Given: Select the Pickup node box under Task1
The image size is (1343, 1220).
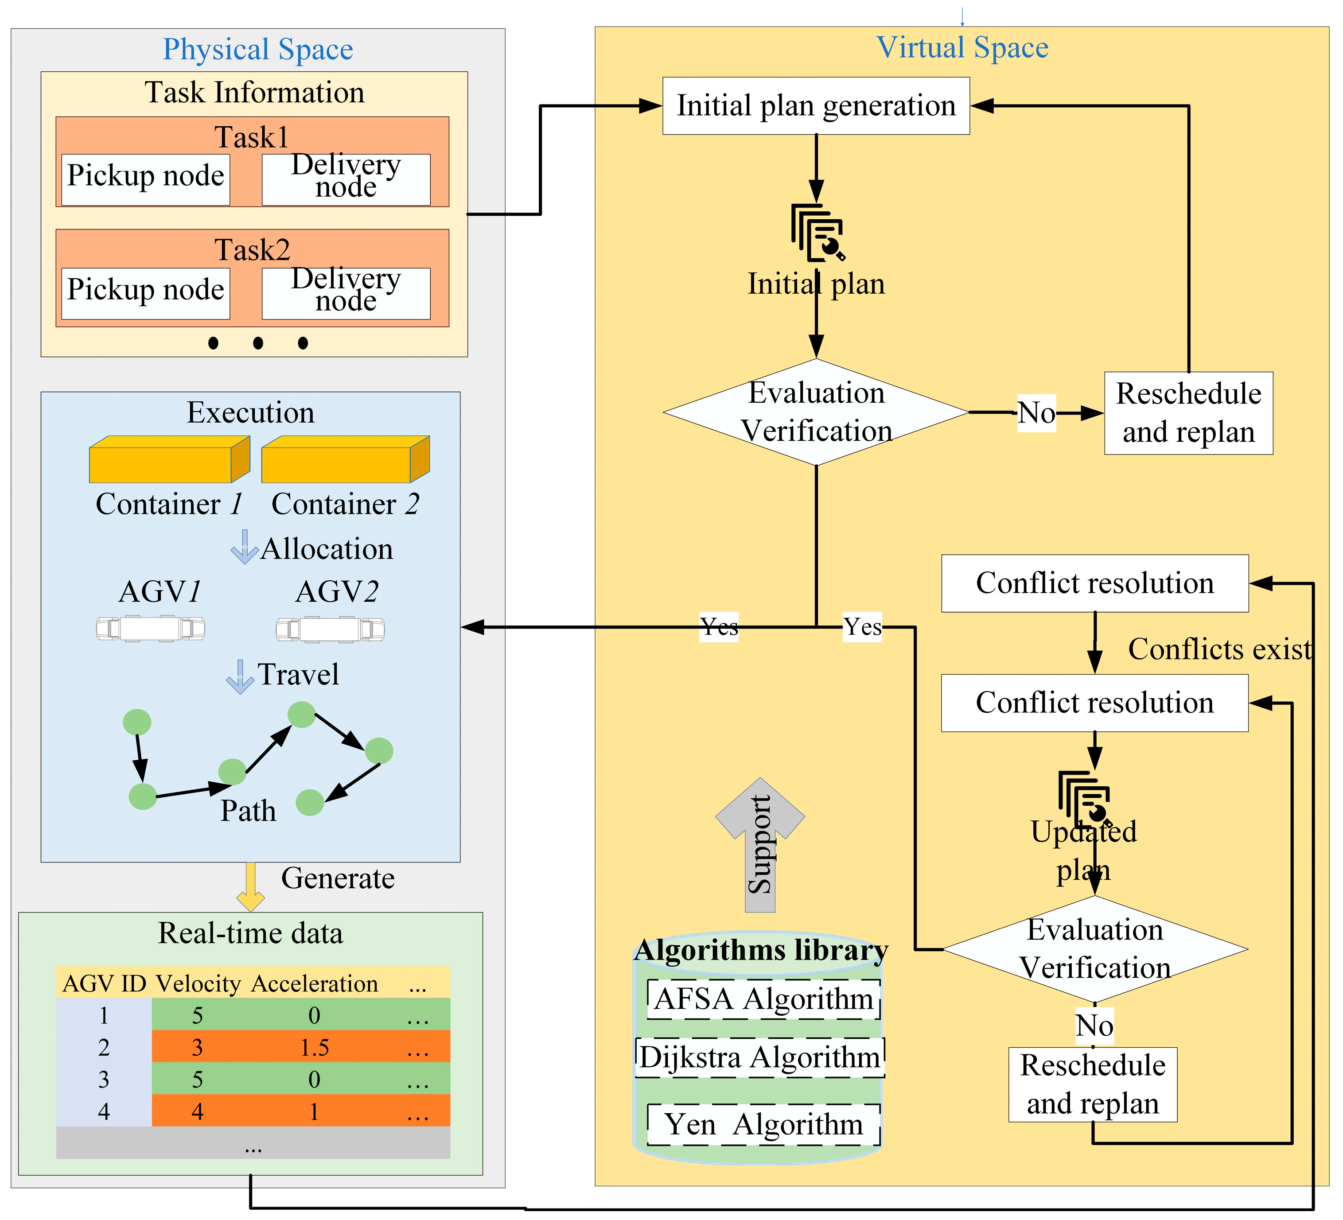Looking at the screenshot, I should (x=145, y=179).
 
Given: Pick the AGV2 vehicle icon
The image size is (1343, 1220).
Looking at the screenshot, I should (x=330, y=629).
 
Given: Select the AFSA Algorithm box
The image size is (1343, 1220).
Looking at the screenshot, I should (x=763, y=999).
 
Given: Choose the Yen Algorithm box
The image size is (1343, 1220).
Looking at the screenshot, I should (x=763, y=1125).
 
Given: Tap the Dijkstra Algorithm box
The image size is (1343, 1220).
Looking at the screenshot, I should (x=760, y=1057).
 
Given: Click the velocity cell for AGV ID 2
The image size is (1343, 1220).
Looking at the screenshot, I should (x=197, y=1048).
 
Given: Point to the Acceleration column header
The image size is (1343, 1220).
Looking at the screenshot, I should (x=315, y=983).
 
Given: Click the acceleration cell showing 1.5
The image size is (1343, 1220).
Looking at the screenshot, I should (x=315, y=1048).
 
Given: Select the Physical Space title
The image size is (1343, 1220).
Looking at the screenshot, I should (x=258, y=49).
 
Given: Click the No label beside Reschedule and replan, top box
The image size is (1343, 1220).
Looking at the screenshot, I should (x=1036, y=413).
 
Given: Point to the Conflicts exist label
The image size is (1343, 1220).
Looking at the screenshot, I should (x=1219, y=649).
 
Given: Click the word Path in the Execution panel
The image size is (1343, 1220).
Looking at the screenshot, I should (x=248, y=811).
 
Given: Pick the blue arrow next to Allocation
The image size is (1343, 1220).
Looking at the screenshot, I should (x=245, y=548).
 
